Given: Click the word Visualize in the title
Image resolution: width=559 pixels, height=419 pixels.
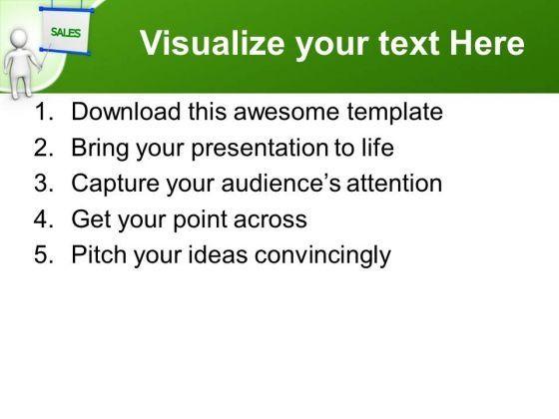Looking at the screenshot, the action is click(x=212, y=43).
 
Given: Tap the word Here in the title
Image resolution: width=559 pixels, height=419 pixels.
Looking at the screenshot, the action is click(x=487, y=43).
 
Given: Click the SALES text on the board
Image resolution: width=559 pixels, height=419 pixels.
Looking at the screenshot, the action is click(x=66, y=32).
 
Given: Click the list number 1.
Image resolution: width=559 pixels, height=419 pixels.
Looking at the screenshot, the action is click(x=43, y=112).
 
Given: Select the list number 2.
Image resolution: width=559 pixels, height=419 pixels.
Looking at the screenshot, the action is click(x=43, y=148).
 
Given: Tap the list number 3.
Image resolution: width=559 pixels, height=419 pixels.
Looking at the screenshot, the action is click(x=43, y=184).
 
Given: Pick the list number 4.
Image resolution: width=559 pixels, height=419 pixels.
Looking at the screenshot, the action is click(x=43, y=218).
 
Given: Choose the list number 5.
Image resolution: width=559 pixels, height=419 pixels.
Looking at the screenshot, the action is click(x=43, y=254).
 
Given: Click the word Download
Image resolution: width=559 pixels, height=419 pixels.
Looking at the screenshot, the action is click(x=126, y=112).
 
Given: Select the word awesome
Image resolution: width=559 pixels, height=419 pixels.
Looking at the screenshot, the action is click(x=286, y=112).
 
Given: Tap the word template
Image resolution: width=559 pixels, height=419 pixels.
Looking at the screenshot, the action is click(x=395, y=112).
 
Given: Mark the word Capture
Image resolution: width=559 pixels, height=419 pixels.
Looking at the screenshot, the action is click(x=115, y=184).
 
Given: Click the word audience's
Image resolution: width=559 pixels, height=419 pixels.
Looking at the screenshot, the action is click(x=280, y=183).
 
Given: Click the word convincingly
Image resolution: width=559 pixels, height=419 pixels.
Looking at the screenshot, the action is click(x=322, y=255).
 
